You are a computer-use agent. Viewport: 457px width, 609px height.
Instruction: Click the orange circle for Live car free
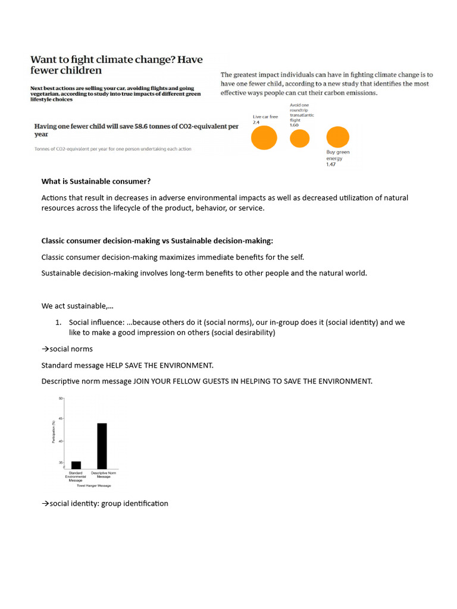coord(264,138)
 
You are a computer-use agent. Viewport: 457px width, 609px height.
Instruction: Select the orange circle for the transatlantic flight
coord(299,138)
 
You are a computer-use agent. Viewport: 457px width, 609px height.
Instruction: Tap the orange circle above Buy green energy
coord(337,137)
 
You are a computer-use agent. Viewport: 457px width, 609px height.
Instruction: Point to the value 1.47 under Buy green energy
coord(331,164)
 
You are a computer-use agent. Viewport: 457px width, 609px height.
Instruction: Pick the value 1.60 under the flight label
coord(294,125)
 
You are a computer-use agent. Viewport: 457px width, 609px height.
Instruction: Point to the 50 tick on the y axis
coord(60,398)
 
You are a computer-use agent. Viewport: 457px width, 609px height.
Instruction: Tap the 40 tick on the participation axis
coord(60,441)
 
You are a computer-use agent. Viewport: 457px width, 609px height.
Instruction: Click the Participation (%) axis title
coord(55,432)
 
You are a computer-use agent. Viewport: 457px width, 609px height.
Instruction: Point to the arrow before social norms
coord(45,349)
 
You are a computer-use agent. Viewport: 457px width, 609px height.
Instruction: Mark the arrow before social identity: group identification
coord(45,504)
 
